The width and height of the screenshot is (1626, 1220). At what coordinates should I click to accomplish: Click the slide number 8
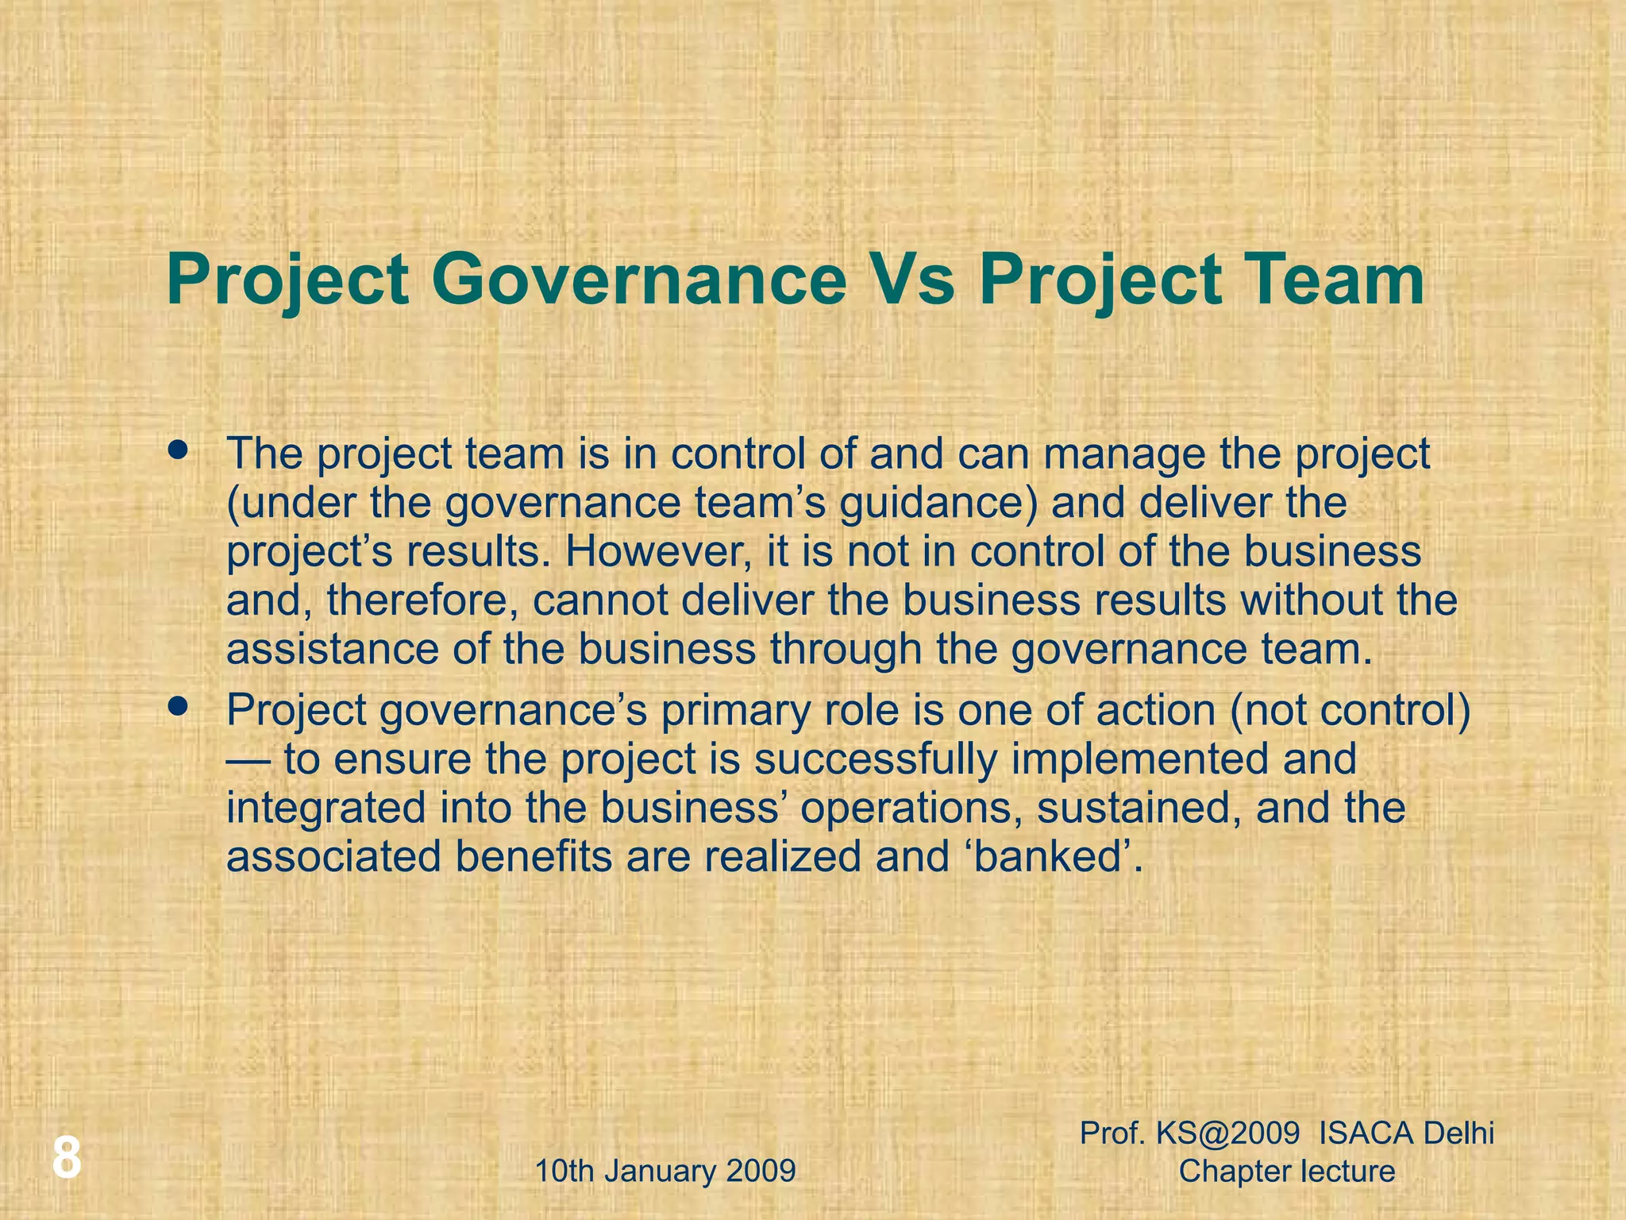[x=67, y=1157]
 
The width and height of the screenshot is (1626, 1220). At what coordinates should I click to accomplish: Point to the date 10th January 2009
[x=665, y=1171]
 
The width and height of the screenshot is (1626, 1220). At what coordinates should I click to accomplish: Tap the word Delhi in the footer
[x=1458, y=1133]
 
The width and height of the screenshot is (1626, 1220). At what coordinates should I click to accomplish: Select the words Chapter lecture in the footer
[x=1286, y=1171]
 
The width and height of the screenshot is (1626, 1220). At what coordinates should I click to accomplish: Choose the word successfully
[x=875, y=759]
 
